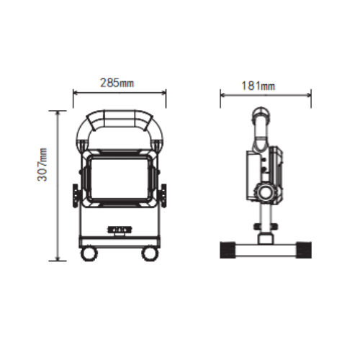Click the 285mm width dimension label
click(117, 83)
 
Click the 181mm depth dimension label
click(258, 86)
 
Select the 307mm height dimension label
click(42, 165)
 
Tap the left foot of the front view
click(89, 253)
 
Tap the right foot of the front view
click(150, 253)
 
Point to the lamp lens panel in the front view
click(120, 178)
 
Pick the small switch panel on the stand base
click(120, 230)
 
